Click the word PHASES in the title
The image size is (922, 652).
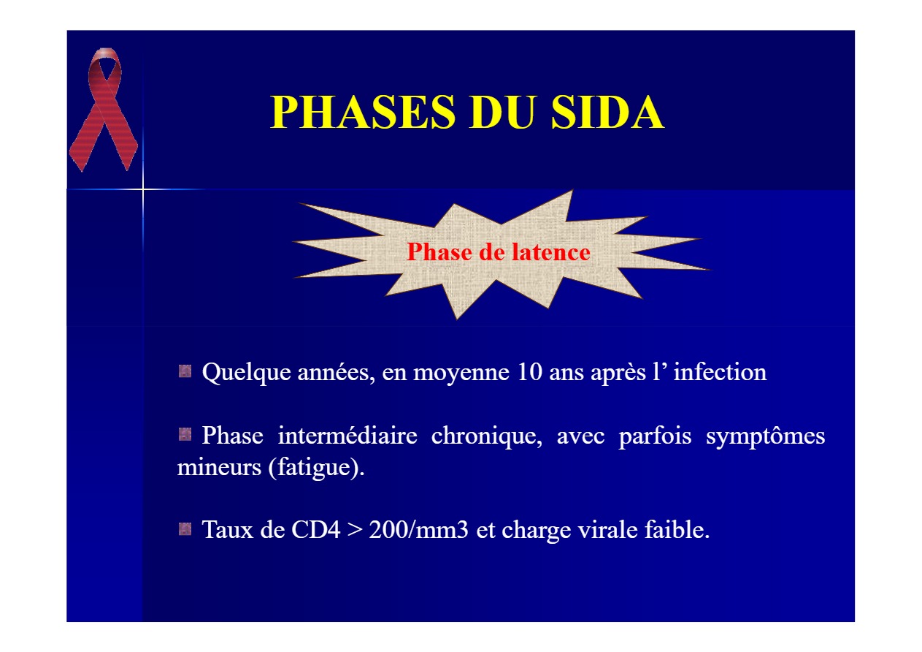point(363,112)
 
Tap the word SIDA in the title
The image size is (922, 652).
point(607,112)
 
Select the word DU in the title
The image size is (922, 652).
point(504,112)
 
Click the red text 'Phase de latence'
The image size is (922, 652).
point(499,252)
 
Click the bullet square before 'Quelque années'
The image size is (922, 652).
point(185,371)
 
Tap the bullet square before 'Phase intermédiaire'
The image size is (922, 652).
point(185,434)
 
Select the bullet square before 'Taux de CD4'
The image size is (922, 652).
point(185,528)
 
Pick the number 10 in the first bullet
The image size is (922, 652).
point(530,372)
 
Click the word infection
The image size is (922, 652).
point(720,371)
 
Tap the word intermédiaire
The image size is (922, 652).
point(347,435)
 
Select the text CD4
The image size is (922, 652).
point(315,530)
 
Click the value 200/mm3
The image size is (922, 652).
point(418,530)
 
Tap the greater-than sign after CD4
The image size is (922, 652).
point(354,531)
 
